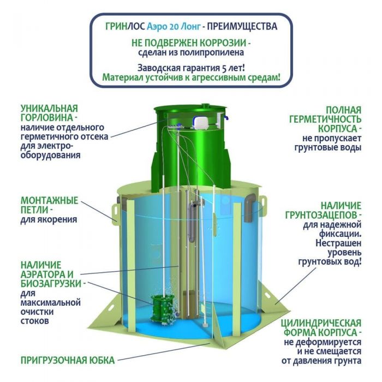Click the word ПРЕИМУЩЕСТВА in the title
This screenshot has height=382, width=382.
(242, 26)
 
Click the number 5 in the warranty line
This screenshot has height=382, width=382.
(224, 68)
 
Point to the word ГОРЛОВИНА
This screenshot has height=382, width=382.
(47, 118)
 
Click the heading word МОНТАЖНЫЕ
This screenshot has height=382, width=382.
(50, 200)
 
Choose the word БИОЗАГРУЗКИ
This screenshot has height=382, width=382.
(51, 284)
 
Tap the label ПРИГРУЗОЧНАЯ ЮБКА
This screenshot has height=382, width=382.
(68, 360)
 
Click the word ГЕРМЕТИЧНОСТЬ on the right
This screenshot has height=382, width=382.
(325, 120)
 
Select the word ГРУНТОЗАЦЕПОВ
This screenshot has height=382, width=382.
(321, 215)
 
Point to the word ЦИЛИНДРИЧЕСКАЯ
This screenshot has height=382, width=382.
(321, 323)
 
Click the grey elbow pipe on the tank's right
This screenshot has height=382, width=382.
(250, 207)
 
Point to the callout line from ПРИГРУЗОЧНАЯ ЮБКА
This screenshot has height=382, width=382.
(164, 352)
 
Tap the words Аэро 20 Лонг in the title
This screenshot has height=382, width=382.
(174, 26)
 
